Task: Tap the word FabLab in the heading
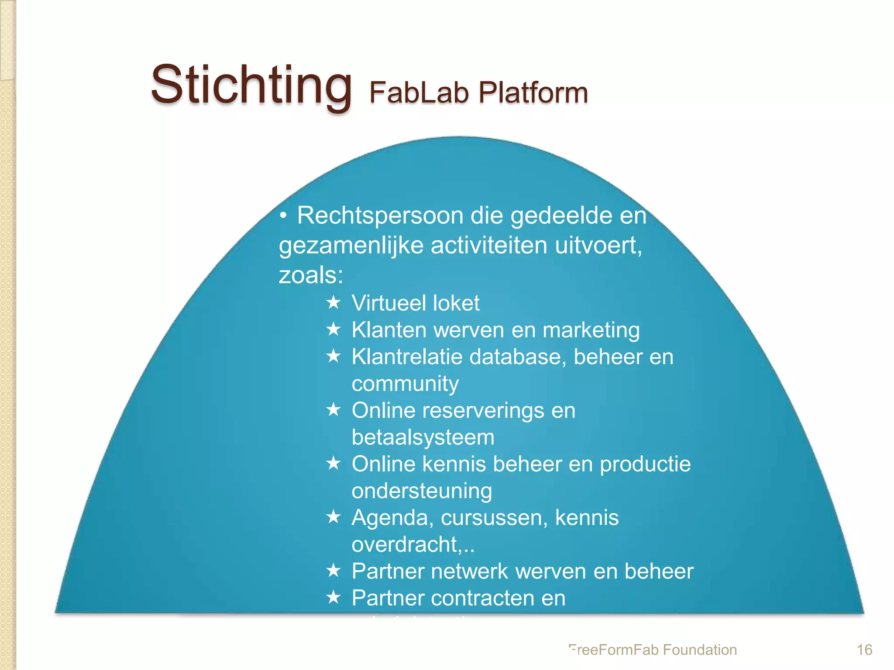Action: (418, 92)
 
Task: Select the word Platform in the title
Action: (533, 92)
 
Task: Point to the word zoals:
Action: (311, 275)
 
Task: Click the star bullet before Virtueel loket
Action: (334, 302)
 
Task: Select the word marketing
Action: (591, 330)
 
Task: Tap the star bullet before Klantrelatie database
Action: (334, 356)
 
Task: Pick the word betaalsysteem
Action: (423, 438)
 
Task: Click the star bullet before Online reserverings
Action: (334, 410)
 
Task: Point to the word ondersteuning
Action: (422, 491)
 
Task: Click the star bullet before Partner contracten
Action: (334, 597)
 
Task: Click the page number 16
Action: (864, 650)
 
